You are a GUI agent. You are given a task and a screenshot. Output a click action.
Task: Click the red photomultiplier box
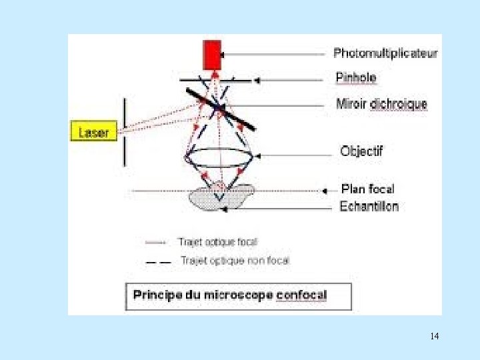pyautogui.click(x=213, y=54)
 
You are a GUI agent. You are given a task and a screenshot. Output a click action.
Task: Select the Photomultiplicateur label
pyautogui.click(x=385, y=53)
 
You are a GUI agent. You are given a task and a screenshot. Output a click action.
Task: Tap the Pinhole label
pyautogui.click(x=356, y=78)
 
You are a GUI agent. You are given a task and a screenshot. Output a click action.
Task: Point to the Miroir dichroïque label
pyautogui.click(x=381, y=104)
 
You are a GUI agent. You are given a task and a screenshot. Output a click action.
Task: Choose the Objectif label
pyautogui.click(x=361, y=151)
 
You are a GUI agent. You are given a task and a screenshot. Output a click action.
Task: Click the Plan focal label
pyautogui.click(x=367, y=189)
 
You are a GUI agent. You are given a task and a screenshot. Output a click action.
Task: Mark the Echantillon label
pyautogui.click(x=369, y=206)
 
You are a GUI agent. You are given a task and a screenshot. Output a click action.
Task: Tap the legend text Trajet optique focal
pyautogui.click(x=217, y=242)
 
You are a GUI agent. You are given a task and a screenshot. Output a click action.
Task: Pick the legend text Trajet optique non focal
pyautogui.click(x=235, y=261)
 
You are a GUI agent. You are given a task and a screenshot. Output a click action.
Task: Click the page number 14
pyautogui.click(x=435, y=335)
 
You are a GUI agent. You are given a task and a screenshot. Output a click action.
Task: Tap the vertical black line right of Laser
pyautogui.click(x=124, y=131)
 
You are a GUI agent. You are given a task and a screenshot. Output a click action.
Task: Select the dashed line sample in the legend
pyautogui.click(x=159, y=261)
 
